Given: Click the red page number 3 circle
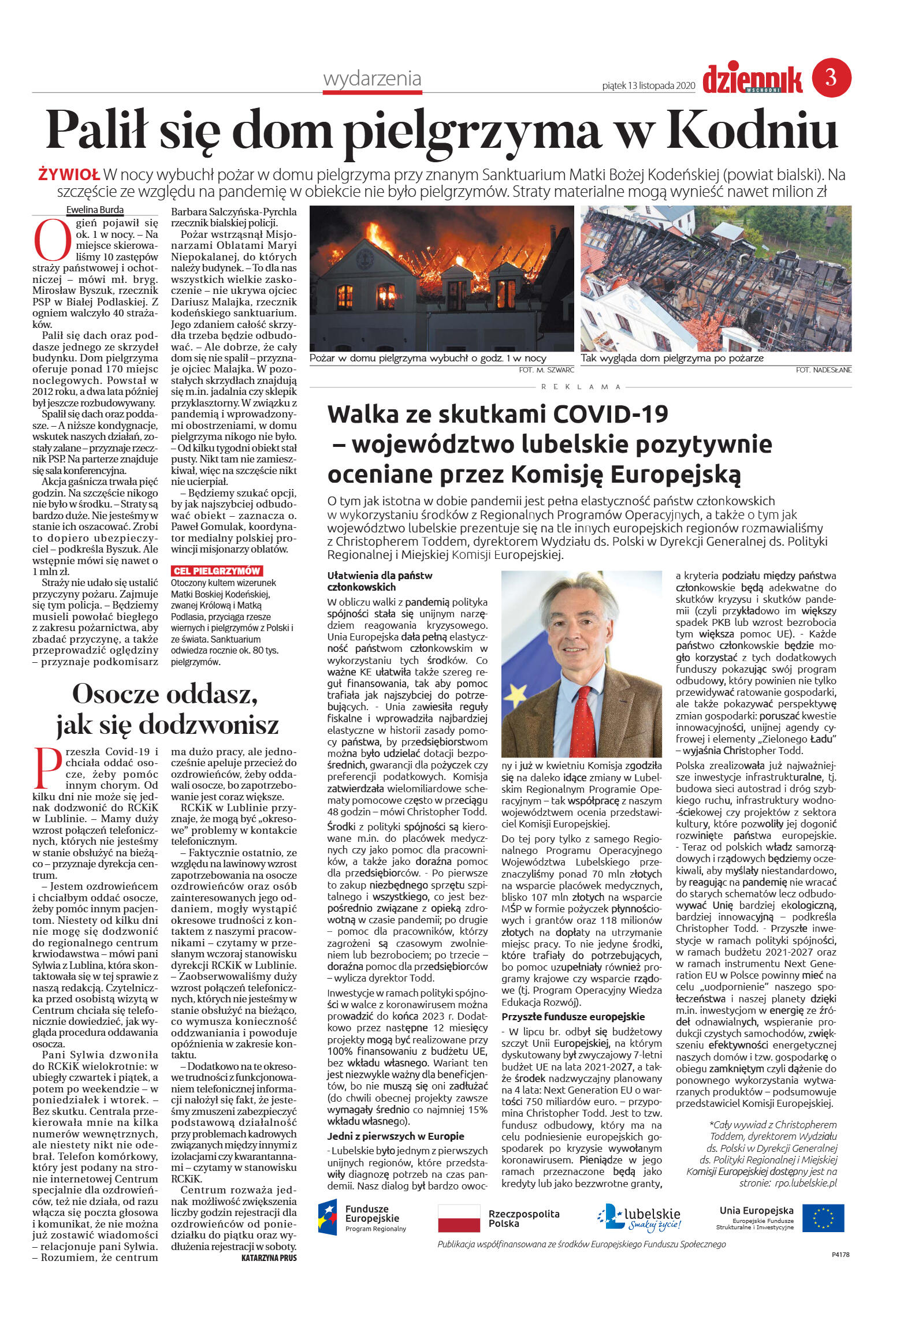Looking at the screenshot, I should click(x=831, y=77).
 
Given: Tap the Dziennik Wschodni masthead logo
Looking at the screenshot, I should click(x=752, y=80).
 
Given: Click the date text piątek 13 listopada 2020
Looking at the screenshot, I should click(x=648, y=85).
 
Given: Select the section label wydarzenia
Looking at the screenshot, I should click(x=372, y=79).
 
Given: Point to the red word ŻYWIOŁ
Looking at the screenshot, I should click(x=69, y=174).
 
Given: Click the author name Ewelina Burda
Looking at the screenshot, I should click(x=95, y=210).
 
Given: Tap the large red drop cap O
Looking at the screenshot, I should click(x=52, y=239).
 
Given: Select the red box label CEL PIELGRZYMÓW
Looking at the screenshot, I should click(x=217, y=571).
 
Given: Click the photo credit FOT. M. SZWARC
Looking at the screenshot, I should click(x=546, y=370).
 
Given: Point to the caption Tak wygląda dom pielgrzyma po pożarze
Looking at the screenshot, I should click(x=672, y=358).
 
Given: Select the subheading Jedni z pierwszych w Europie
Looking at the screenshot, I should click(x=396, y=1136).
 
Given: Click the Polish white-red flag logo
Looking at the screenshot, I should click(x=459, y=1218).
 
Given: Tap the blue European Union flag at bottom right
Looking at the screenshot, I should click(x=823, y=1218).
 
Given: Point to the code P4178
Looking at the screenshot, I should click(x=840, y=1254).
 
